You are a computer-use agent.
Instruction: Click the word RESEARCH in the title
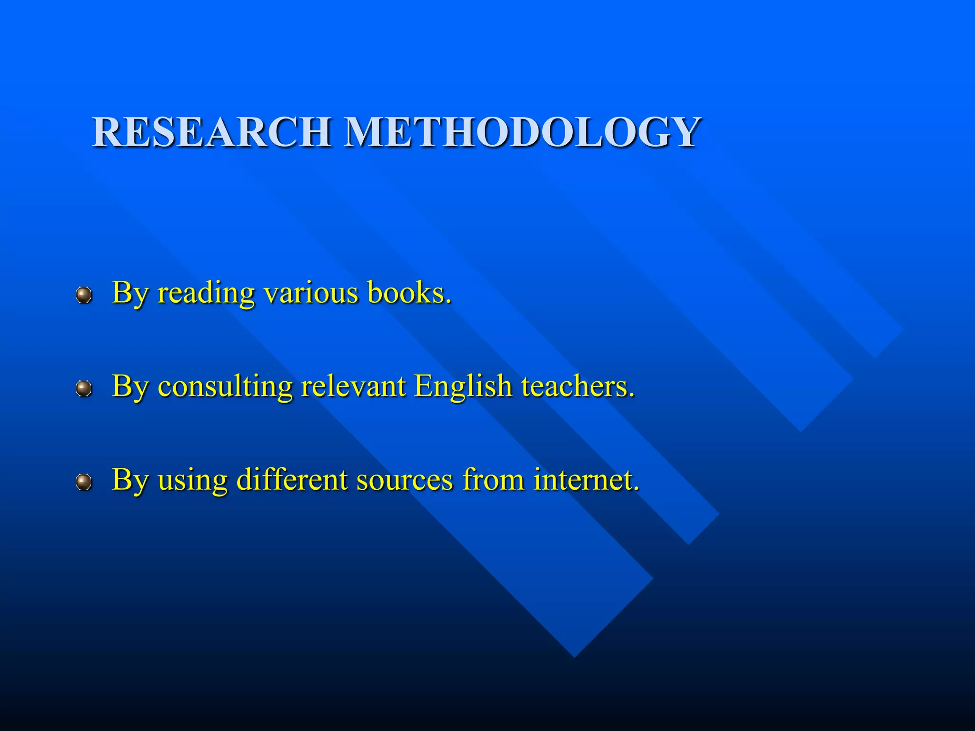point(212,132)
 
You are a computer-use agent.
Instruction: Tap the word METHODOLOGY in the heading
point(522,132)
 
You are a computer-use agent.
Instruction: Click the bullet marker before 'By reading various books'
point(84,296)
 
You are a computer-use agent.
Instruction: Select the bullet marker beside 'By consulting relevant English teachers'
point(84,389)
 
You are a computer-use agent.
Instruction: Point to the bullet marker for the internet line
point(84,483)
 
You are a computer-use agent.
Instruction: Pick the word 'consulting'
point(225,387)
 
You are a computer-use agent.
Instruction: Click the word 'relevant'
point(353,386)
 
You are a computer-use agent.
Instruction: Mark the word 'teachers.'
point(578,386)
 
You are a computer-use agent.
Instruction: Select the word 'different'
point(292,479)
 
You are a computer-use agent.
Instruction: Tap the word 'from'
point(493,479)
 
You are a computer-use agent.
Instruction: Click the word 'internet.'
point(586,479)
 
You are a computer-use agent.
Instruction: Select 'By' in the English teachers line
point(129,387)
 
